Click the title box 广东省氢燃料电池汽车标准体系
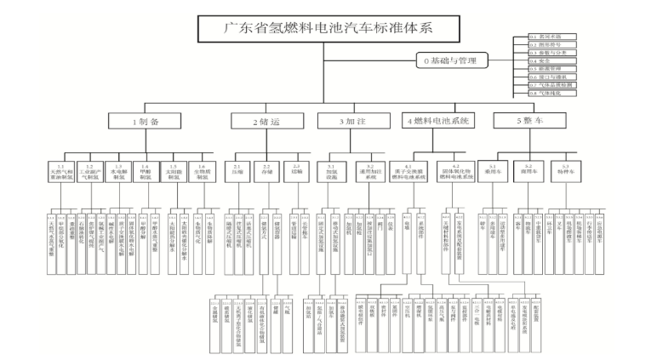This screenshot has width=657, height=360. pos(328,28)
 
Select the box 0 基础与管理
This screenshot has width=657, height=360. pos(455,61)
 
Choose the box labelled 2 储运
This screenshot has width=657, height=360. pos(266,122)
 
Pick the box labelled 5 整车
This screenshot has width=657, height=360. pos(528,122)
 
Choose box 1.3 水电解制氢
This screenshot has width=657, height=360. pos(118,172)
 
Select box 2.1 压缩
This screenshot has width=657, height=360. pos(237,171)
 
